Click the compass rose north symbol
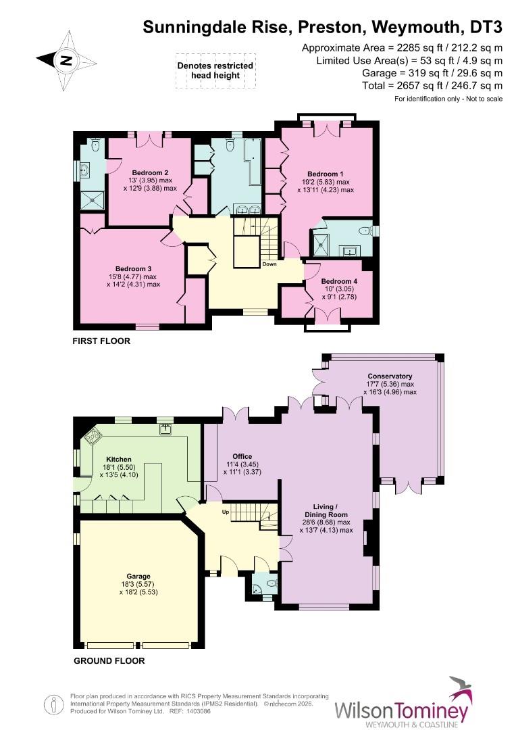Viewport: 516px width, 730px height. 65,59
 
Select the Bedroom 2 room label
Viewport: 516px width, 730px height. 150,172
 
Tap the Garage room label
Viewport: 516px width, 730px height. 136,576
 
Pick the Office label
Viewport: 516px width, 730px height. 242,456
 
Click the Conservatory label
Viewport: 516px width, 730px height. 390,376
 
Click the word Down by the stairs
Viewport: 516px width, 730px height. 269,264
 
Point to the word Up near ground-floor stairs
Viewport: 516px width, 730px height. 226,512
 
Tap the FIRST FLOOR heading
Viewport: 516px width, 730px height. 101,341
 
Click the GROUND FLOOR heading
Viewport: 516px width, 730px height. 108,660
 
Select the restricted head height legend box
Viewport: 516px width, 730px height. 215,70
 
